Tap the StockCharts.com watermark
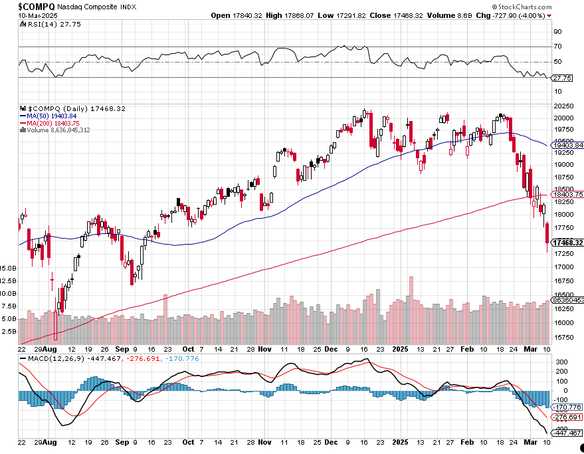519,5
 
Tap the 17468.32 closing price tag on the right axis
568,243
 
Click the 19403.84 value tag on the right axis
568,145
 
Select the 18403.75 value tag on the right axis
568,194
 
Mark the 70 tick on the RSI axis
558,47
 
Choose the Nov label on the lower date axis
265,348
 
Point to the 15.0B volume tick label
9,267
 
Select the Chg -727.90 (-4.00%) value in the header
515,15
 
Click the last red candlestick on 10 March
547,234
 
